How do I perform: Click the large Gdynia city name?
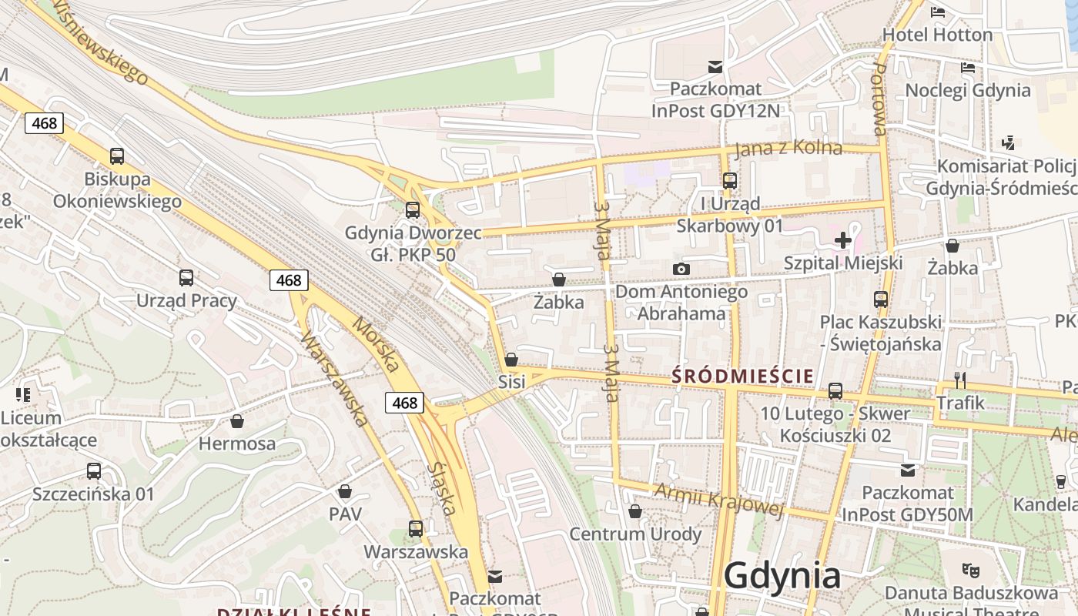coord(782,576)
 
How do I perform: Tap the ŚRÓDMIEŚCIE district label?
coord(743,376)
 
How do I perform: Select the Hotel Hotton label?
coord(937,35)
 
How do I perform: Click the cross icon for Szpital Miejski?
coord(843,240)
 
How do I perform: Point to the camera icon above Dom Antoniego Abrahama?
coord(681,269)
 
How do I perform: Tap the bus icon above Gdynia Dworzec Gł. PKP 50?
coord(413,209)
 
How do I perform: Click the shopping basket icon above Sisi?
coord(511,360)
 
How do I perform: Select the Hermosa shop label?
coord(237,444)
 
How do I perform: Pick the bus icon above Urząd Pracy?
coord(186,278)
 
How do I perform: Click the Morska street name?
coord(376,343)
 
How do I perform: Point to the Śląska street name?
coord(445,488)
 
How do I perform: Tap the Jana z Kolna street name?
coord(788,147)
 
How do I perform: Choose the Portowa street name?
coord(880,99)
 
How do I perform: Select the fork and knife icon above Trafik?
coord(960,380)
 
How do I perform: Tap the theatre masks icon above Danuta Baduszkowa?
coord(970,571)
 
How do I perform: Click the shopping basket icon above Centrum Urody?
coord(635,511)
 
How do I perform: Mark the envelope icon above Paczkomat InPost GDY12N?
coord(716,67)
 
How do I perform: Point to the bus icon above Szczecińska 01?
coord(94,470)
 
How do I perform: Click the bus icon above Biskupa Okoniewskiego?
coord(117,156)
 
